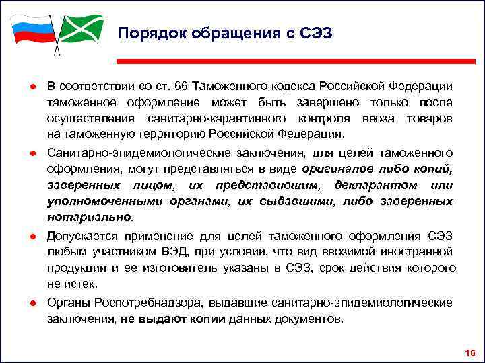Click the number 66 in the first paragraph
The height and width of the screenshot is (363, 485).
(x=181, y=87)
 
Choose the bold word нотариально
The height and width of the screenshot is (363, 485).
(x=90, y=217)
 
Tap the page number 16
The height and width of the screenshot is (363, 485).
(x=470, y=353)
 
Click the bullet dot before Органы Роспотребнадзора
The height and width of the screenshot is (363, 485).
(x=32, y=303)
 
